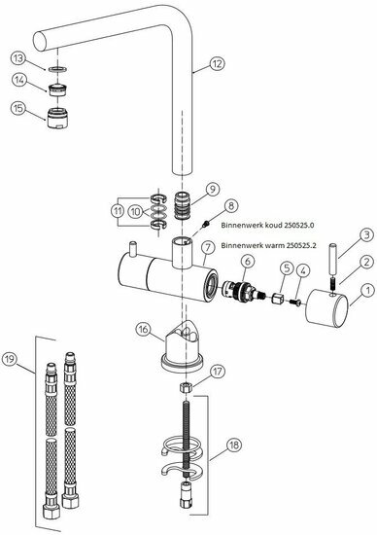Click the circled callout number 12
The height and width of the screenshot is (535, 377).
[x=217, y=63]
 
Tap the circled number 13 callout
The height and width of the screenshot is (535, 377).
[x=18, y=58]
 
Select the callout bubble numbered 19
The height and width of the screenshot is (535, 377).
[x=10, y=359]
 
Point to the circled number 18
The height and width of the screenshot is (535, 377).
[x=234, y=445]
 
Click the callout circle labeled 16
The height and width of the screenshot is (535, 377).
[x=143, y=329]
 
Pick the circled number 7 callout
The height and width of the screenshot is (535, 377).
[x=208, y=248]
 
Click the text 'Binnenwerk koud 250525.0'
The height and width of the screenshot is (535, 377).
[x=267, y=226]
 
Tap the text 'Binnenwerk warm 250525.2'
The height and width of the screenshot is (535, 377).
[x=268, y=245]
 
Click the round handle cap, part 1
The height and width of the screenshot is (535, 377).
[x=326, y=308]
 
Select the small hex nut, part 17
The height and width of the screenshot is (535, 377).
[x=186, y=387]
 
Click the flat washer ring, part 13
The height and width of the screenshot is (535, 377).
[x=57, y=69]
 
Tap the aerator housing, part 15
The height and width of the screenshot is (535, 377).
[x=57, y=118]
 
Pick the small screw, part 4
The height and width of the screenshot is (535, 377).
[x=293, y=302]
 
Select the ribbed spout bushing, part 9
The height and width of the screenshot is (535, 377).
[x=183, y=206]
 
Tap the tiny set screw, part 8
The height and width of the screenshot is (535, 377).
[x=206, y=224]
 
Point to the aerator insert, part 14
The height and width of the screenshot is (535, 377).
[x=57, y=89]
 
